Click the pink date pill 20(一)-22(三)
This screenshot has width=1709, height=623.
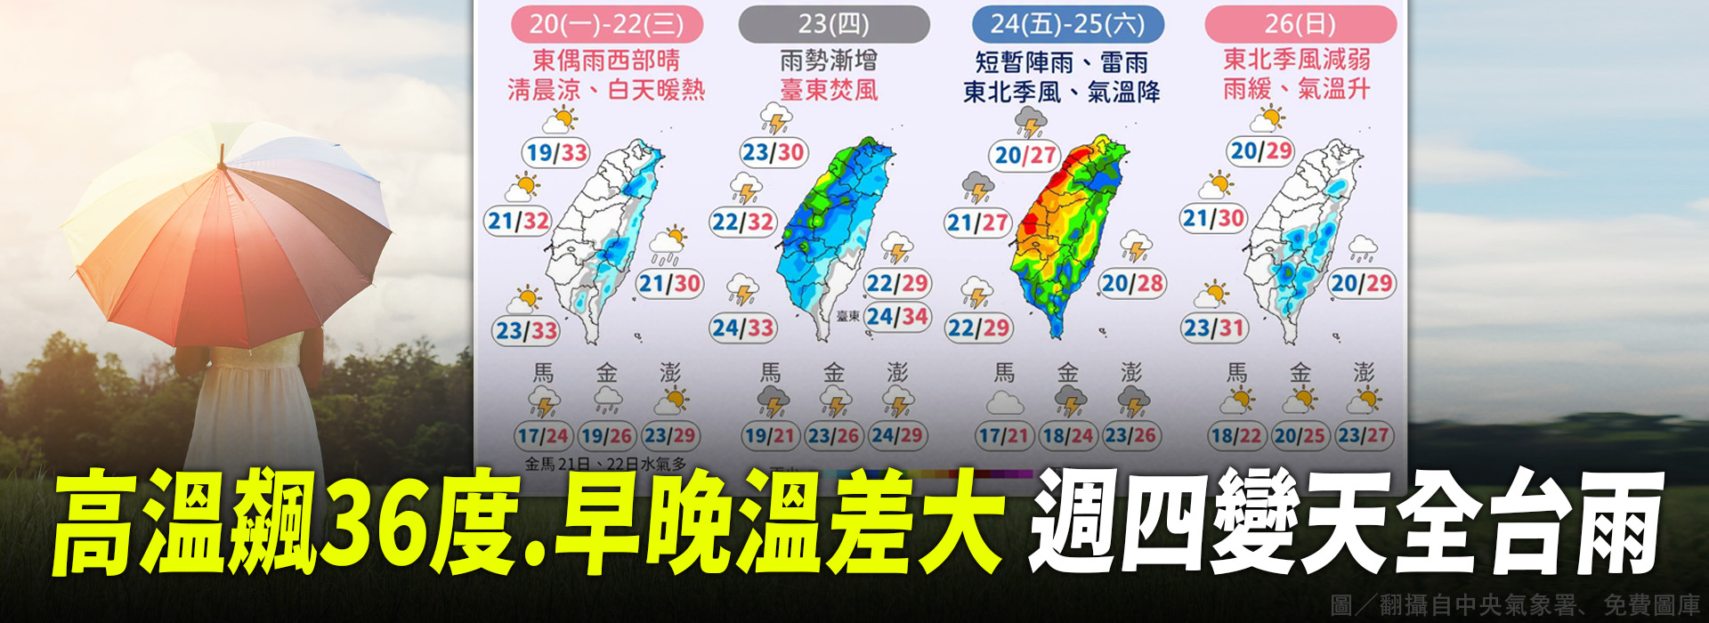tap(606, 24)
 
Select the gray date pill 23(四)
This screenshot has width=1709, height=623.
tap(833, 24)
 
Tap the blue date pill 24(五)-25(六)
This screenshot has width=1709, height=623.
tap(1067, 24)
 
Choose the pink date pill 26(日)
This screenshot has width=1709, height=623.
tap(1300, 24)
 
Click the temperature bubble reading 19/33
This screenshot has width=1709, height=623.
tap(556, 153)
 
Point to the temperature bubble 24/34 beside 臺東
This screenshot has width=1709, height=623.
tap(897, 317)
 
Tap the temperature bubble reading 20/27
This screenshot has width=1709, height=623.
tap(1025, 156)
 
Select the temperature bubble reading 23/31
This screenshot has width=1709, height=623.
tap(1212, 328)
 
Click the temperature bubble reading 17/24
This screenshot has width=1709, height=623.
tap(542, 436)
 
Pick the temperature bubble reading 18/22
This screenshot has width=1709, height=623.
tap(1235, 436)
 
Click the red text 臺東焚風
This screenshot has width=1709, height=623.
tap(829, 90)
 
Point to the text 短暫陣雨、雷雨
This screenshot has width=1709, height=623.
tap(1061, 62)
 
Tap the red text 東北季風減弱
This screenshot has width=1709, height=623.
tap(1296, 60)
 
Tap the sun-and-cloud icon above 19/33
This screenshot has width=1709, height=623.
tap(561, 119)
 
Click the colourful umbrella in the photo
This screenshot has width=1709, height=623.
tap(227, 231)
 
